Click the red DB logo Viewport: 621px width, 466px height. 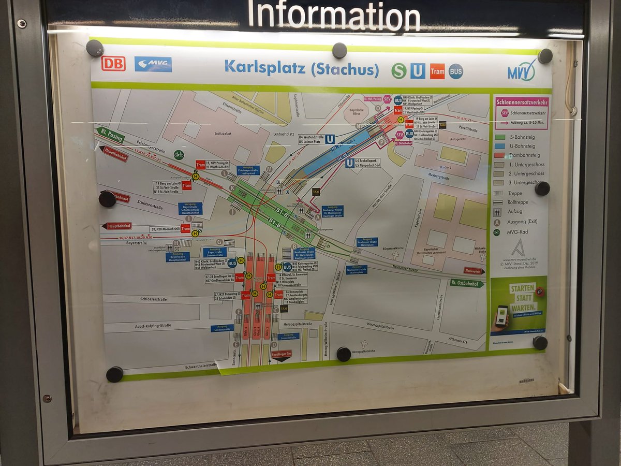113,63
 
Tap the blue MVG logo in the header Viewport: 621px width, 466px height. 153,64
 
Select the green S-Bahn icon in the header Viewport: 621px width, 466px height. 398,70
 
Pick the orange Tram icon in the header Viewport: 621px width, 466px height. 437,71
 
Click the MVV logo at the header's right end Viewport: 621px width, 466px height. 522,69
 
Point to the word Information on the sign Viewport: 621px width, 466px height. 334,16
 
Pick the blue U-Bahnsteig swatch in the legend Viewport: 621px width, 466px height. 500,147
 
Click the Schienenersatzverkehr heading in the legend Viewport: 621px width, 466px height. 521,102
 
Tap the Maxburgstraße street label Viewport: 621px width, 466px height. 438,178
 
